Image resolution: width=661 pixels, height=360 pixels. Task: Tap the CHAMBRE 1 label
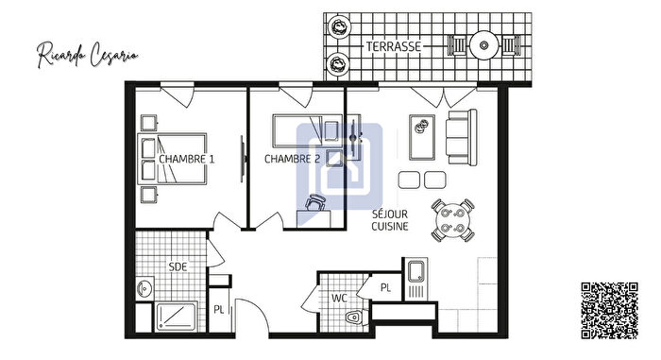(187, 159)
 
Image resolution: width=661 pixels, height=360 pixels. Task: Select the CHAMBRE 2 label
(292, 159)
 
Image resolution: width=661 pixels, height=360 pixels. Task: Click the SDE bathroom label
(178, 266)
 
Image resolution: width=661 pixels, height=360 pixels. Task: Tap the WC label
(338, 299)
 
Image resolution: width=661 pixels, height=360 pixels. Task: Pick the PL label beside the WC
(385, 287)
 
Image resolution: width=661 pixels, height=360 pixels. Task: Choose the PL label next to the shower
(218, 308)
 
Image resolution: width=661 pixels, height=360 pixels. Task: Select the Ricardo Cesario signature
(88, 52)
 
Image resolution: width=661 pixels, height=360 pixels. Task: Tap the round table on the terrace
(485, 44)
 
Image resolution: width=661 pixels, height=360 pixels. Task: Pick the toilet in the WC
(354, 317)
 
